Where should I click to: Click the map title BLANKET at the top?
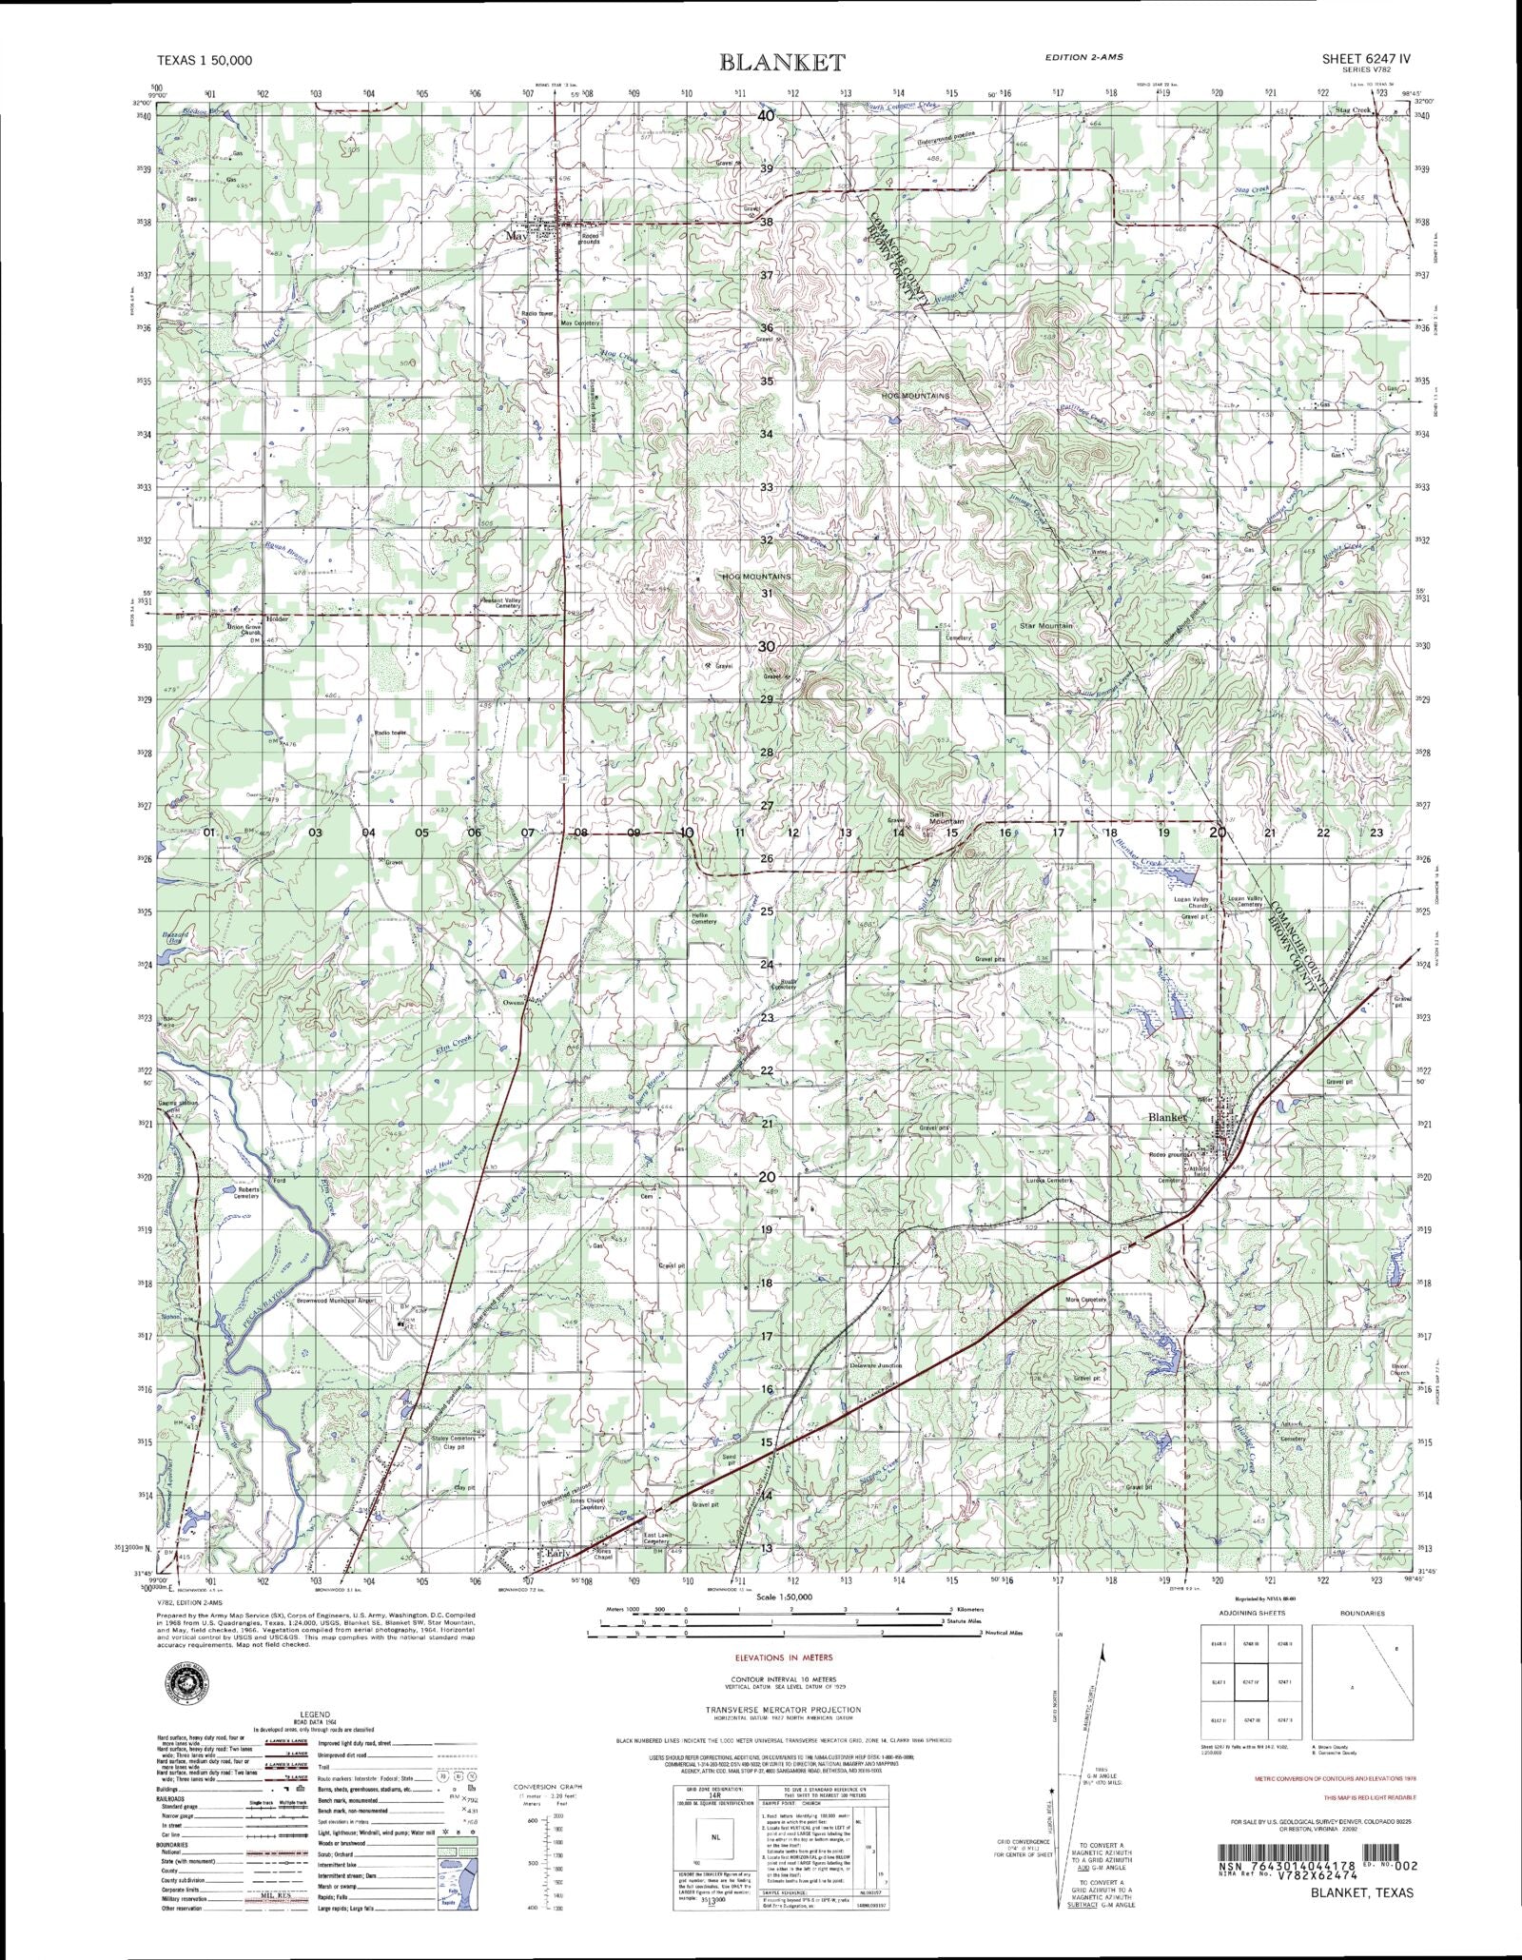click(782, 63)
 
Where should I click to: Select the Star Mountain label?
click(1045, 626)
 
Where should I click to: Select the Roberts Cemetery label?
click(248, 1194)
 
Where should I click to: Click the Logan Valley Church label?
click(1192, 902)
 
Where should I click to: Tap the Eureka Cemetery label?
click(1049, 1180)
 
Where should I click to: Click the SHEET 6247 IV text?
click(1365, 58)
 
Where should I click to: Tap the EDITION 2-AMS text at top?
click(1083, 57)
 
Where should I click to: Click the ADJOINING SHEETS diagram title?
click(1247, 1614)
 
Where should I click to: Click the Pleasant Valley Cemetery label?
click(500, 603)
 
